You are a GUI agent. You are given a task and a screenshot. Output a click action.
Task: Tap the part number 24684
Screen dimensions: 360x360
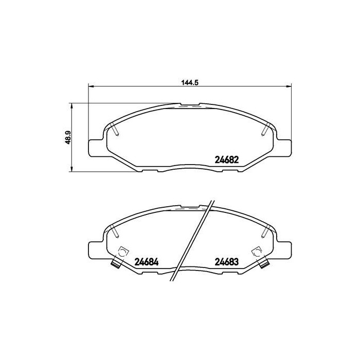[x=146, y=261]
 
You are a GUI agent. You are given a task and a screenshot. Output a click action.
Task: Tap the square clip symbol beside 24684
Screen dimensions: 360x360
[x=123, y=252]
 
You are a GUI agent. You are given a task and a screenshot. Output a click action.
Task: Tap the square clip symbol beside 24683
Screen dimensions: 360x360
[x=256, y=252]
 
